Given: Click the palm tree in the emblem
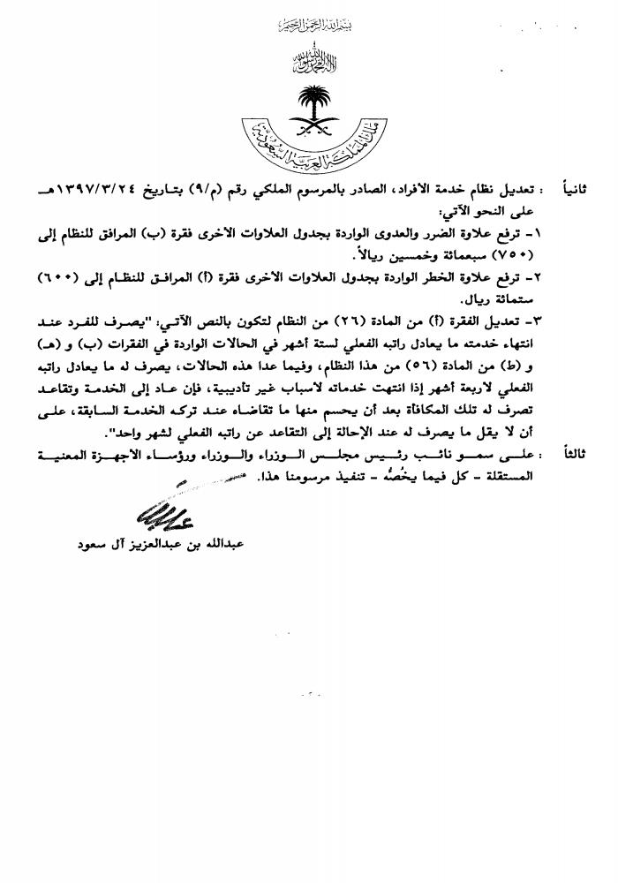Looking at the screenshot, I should pos(313,99).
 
